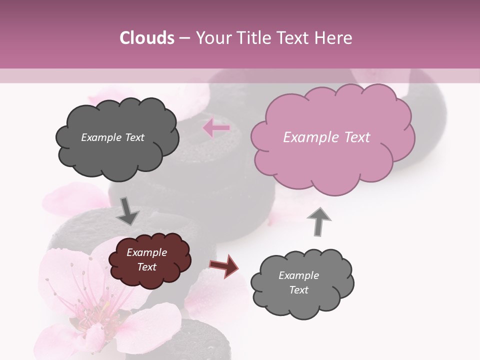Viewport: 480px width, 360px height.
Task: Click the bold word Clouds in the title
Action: (147, 37)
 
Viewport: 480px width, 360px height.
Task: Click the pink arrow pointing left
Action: (216, 128)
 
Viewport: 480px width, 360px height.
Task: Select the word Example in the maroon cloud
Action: (146, 252)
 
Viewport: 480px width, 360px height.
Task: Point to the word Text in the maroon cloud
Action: (147, 267)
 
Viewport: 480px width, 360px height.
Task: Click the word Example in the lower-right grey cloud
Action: (298, 275)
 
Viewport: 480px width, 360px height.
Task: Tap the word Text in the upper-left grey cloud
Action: (133, 137)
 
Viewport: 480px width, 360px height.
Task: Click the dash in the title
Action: (184, 38)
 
